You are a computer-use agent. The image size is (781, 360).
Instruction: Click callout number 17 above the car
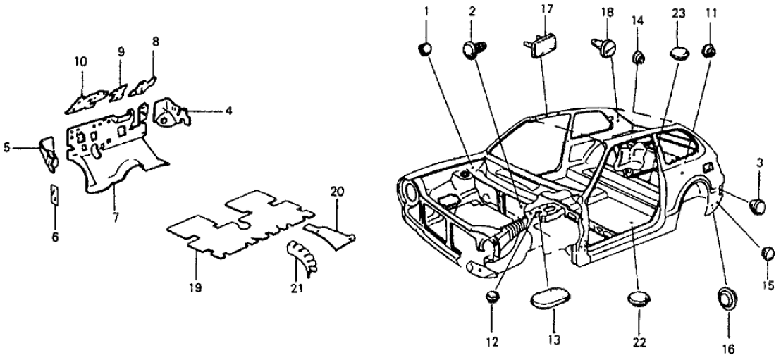pos(547,9)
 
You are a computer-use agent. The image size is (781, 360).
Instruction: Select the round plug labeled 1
pos(426,49)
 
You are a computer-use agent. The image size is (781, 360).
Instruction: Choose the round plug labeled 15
pos(768,254)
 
